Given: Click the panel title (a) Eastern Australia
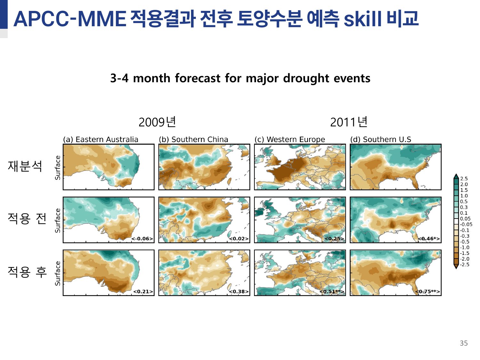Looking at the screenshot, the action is tap(100, 140).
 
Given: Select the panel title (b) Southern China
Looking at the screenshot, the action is tap(194, 140).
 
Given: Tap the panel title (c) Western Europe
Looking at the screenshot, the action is tap(290, 140).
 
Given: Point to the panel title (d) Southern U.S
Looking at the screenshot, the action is tap(381, 140).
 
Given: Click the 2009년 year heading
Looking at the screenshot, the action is tap(157, 122).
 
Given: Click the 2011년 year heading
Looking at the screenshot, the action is tap(348, 122).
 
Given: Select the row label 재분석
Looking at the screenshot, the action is tap(25, 166).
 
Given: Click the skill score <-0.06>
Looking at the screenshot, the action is tap(142, 239).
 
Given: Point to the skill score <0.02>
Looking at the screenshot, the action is tap(239, 239).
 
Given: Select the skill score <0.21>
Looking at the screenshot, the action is tap(143, 292).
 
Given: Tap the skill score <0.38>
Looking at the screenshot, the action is tap(239, 292).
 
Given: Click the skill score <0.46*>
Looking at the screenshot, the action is tap(429, 239).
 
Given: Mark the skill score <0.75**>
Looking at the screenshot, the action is tap(428, 292).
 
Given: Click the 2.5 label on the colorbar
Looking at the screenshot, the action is tap(464, 179).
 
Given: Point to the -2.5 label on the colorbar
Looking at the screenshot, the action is tap(465, 265).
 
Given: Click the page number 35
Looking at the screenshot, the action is tap(464, 343).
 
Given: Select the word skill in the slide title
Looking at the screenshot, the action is tap(363, 19).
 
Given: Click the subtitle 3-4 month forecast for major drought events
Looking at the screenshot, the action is tap(240, 78).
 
